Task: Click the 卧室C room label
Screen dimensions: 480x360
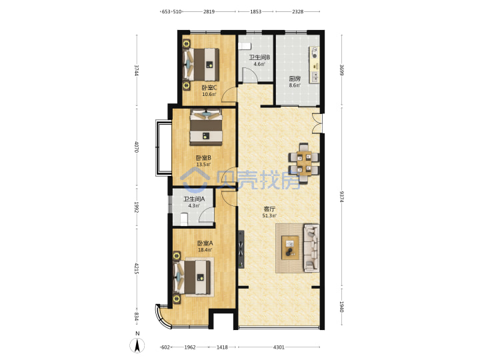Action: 209,87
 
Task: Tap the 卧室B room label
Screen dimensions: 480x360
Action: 203,158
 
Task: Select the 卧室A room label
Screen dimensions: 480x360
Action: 205,243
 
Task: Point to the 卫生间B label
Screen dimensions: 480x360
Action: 259,57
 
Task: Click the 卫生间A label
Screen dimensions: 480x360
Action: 194,199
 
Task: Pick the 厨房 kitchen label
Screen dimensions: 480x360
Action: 295,79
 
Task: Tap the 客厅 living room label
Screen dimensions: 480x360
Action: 269,209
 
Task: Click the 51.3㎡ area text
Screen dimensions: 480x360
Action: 269,216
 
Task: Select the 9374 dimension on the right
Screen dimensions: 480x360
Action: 341,197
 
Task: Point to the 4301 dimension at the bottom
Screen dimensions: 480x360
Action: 279,347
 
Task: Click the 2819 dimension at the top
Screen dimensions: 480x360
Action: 209,11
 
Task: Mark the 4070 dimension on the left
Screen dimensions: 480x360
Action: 137,146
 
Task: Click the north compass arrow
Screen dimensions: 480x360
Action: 137,346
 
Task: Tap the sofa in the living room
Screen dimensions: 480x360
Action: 311,248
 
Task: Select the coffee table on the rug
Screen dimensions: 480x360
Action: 290,247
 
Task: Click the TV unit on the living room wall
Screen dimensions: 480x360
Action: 241,249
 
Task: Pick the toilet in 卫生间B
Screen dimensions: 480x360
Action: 245,46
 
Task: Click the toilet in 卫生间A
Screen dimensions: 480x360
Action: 184,219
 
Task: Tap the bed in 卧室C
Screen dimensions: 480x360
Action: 201,64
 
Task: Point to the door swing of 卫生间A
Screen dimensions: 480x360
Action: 206,214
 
